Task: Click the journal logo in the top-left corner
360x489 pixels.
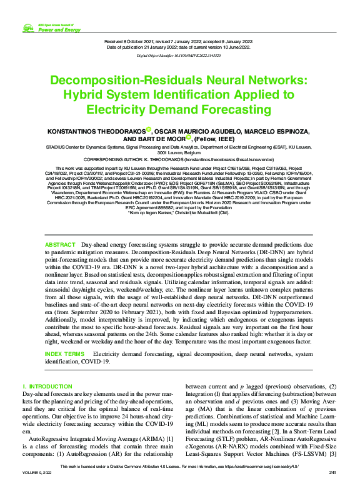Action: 28,27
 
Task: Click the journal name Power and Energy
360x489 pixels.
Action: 59,29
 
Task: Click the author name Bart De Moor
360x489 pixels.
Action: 152,139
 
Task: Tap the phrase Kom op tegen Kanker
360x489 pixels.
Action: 151,230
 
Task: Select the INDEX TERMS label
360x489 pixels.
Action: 65,354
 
